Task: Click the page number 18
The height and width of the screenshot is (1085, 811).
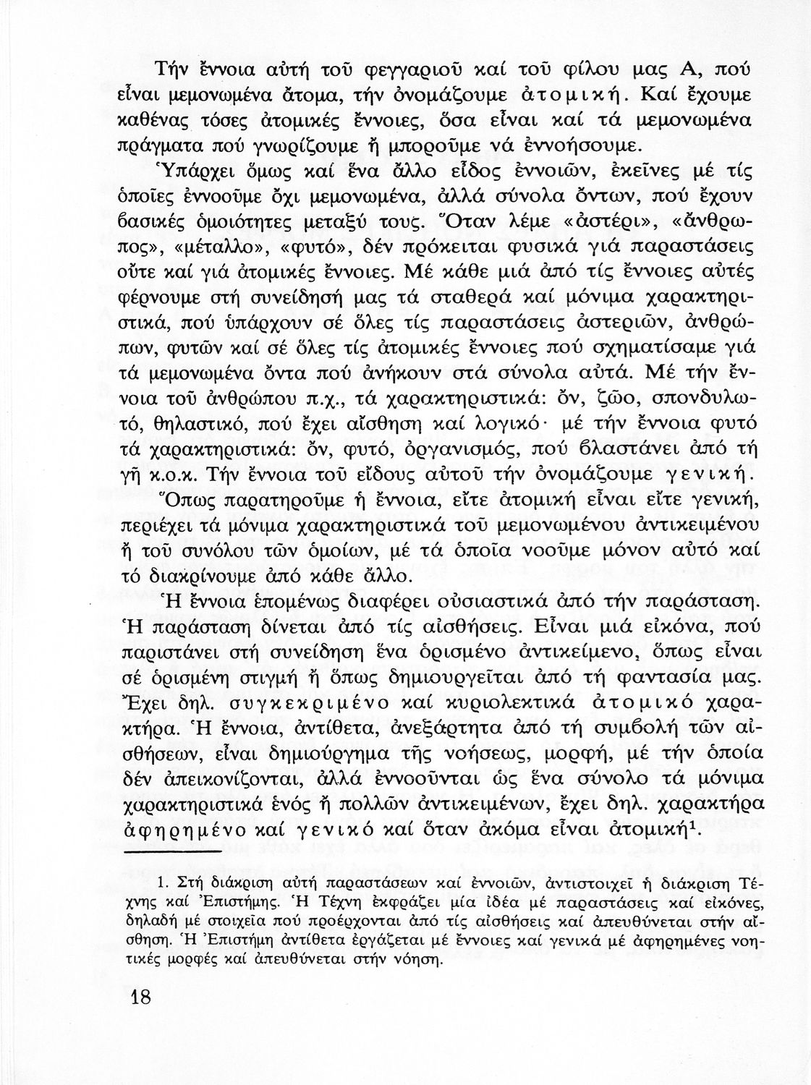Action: point(140,997)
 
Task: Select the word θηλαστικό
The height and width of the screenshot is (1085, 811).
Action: point(183,426)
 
